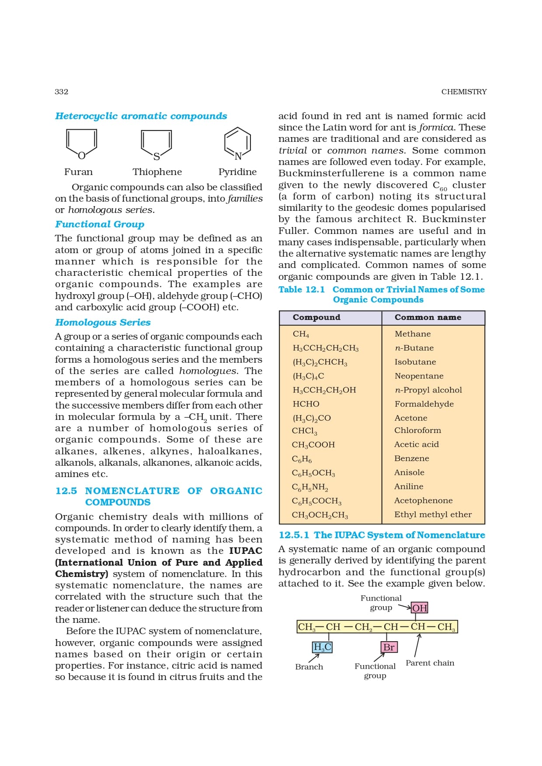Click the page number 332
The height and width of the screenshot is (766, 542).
click(62, 92)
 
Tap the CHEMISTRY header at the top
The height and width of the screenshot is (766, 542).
click(463, 92)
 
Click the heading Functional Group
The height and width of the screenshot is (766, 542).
click(100, 224)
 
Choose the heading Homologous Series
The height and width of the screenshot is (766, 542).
click(103, 323)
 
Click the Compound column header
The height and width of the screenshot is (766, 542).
click(316, 317)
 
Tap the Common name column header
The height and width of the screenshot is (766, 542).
click(427, 317)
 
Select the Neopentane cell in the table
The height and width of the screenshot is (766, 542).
click(419, 376)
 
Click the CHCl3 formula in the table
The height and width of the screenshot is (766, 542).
click(305, 431)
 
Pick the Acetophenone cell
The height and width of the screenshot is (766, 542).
click(423, 501)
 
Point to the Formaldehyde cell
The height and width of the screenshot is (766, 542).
click(424, 404)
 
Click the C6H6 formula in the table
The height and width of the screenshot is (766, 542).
click(302, 459)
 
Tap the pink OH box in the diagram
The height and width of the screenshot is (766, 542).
click(420, 608)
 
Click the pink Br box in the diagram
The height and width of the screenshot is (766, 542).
click(389, 647)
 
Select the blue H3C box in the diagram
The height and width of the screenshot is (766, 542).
click(322, 647)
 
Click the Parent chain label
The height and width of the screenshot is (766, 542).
click(430, 663)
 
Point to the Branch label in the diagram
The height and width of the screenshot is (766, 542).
click(309, 667)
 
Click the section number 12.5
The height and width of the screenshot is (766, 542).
click(66, 491)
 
